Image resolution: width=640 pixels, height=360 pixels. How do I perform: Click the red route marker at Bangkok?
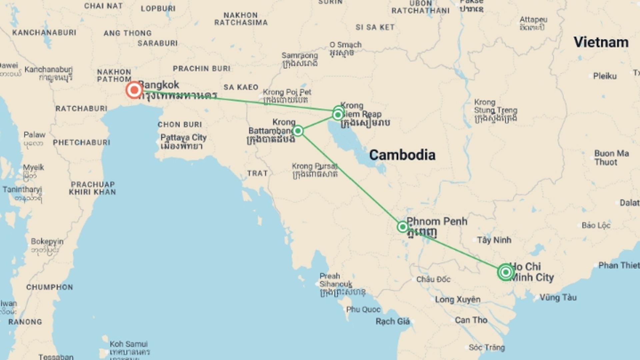click(134, 90)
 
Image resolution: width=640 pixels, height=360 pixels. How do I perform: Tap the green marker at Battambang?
click(298, 131)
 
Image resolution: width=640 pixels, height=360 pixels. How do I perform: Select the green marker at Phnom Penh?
click(402, 227)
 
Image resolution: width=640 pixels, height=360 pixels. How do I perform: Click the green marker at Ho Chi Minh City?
click(505, 272)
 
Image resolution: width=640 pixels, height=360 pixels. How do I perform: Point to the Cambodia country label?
click(402, 155)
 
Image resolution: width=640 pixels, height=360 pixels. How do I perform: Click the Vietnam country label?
click(601, 42)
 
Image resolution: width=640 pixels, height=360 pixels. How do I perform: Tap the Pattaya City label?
click(183, 138)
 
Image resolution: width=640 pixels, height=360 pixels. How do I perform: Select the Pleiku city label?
click(605, 76)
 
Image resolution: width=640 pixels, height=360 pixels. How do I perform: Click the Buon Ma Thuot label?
click(611, 158)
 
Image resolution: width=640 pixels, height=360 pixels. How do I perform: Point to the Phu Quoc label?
click(363, 309)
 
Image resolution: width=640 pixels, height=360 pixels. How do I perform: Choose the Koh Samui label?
click(129, 344)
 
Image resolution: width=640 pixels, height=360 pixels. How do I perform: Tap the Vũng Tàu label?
click(558, 297)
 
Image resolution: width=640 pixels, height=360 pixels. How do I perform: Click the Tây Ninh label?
click(494, 240)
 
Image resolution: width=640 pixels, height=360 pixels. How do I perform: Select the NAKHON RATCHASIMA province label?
click(241, 19)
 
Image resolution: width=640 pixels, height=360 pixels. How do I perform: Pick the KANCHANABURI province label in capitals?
click(44, 33)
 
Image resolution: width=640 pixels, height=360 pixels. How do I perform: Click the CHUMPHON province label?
click(49, 287)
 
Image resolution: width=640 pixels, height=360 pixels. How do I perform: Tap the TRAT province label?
click(257, 173)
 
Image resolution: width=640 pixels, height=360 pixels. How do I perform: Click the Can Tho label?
click(471, 320)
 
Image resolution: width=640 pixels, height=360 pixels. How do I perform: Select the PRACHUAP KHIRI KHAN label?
click(92, 188)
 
